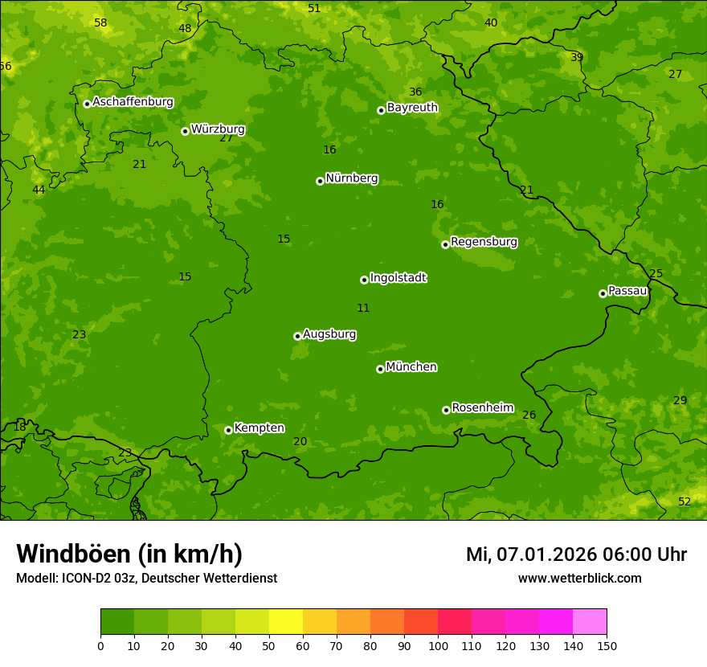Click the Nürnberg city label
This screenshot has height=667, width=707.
tap(351, 178)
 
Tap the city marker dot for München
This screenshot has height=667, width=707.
tap(380, 369)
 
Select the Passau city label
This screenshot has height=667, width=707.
tap(627, 291)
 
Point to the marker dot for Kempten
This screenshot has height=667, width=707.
tap(228, 430)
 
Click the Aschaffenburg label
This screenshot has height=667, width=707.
tap(133, 102)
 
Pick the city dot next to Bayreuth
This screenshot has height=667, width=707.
tap(381, 110)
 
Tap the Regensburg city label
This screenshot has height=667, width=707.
tap(484, 242)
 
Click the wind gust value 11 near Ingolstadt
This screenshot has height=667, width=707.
tap(363, 309)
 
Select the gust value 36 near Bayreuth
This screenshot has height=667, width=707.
tap(415, 92)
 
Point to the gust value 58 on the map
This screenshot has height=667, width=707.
tap(100, 23)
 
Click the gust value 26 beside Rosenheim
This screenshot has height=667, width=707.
tap(529, 415)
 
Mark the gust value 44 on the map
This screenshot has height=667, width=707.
tap(39, 190)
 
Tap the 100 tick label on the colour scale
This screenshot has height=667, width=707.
tap(438, 645)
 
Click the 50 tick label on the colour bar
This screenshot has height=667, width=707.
tap(269, 645)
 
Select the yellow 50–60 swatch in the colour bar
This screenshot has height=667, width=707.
tap(286, 622)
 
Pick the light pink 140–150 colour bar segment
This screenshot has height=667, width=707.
tap(590, 622)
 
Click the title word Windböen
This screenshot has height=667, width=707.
tap(72, 554)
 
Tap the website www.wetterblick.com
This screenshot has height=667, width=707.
tap(579, 579)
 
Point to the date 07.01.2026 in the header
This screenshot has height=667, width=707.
tap(546, 554)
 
